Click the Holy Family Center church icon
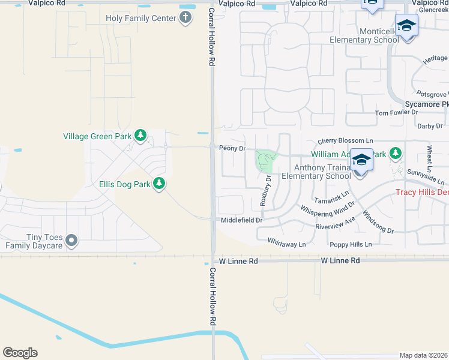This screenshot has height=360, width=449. click(x=185, y=17)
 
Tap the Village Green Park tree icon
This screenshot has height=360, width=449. click(x=140, y=136)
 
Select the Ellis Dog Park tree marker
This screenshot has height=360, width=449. click(x=159, y=184)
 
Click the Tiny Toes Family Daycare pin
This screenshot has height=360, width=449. click(x=72, y=241)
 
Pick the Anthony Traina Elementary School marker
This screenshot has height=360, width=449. click(x=361, y=161)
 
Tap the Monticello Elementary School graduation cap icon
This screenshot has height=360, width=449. click(x=407, y=27)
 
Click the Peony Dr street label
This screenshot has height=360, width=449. click(x=232, y=148)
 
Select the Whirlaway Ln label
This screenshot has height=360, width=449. click(x=286, y=244)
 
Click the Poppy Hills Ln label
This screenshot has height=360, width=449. click(x=351, y=244)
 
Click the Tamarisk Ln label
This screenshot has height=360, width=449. click(x=331, y=197)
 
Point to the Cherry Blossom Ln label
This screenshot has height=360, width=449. click(x=341, y=140)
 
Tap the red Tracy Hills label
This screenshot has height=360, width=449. click(x=422, y=192)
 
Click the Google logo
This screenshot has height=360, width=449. click(x=20, y=353)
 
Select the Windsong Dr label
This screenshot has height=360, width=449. click(x=378, y=222)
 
